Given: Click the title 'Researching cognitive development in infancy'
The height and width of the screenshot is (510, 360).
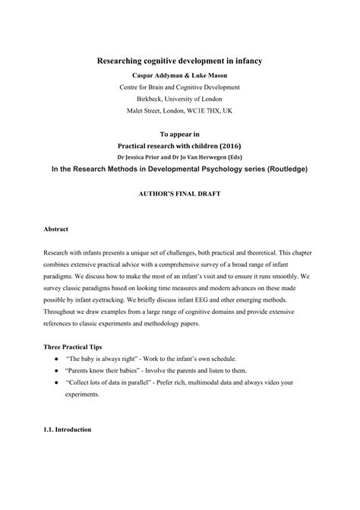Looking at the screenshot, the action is (x=179, y=60).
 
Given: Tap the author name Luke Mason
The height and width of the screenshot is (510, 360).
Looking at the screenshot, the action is (x=207, y=75).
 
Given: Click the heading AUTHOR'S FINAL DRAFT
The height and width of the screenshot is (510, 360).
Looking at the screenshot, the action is (x=179, y=195).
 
